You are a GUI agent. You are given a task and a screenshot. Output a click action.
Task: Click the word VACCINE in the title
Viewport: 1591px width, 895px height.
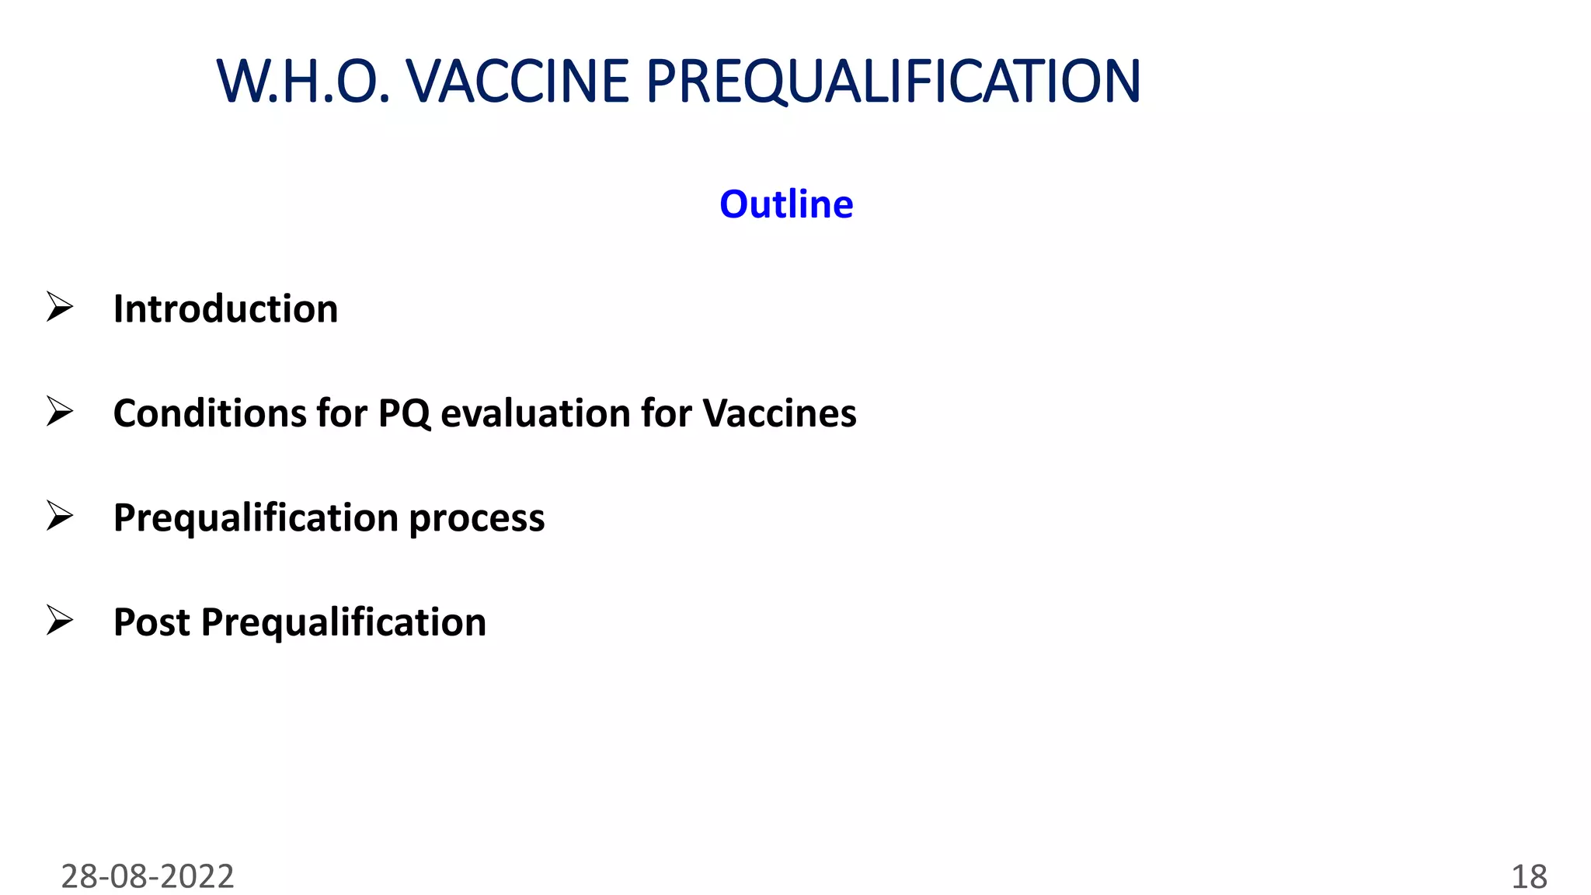517,82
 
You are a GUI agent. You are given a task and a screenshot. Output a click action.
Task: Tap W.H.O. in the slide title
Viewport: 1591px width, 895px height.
303,82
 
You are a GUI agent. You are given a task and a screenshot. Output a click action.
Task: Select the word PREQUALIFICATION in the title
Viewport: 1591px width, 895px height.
893,82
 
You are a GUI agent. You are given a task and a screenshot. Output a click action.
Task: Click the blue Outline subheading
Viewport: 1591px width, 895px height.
786,204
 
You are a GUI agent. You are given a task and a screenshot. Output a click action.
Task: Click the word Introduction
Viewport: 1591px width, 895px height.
225,308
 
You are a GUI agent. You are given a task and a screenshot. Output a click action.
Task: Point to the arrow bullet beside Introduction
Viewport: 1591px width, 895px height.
59,307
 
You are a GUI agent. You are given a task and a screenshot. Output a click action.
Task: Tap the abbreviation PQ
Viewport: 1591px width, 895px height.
404,413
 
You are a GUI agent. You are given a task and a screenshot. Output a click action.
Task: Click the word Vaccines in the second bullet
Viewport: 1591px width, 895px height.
779,413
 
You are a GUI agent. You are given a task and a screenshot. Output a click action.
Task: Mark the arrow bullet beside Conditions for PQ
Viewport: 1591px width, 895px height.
59,411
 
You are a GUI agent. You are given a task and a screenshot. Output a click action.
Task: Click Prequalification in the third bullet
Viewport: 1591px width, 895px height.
256,517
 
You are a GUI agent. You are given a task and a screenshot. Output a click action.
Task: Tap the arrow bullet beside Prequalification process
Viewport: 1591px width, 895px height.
59,516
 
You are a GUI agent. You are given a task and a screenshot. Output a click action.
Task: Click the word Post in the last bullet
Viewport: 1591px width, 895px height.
151,622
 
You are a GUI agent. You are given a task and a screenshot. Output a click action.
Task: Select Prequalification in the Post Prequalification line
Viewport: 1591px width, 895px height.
343,622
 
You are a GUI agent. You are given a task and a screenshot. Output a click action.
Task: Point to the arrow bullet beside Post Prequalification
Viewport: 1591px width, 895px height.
59,620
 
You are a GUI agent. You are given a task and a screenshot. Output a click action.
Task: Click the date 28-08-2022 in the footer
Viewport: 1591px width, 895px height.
148,876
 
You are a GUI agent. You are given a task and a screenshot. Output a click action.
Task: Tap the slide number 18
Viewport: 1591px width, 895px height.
1528,877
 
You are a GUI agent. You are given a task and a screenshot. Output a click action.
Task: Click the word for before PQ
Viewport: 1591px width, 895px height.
342,413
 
